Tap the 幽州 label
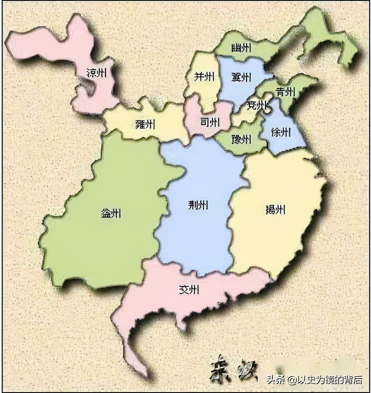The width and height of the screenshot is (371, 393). click(241, 48)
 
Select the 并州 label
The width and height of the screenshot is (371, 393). click(204, 76)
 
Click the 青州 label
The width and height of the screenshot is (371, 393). click(285, 92)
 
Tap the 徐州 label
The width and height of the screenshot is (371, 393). click(281, 132)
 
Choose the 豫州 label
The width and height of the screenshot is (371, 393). click(241, 139)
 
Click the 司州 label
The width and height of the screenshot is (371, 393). click(209, 122)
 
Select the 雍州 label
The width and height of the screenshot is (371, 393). click(146, 124)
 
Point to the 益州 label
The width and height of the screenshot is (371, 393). click(111, 214)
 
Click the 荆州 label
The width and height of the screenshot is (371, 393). click(198, 205)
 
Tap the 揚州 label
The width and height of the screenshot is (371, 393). click(275, 209)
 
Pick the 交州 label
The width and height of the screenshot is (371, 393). click(189, 290)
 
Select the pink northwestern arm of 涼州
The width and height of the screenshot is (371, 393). click(40, 43)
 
